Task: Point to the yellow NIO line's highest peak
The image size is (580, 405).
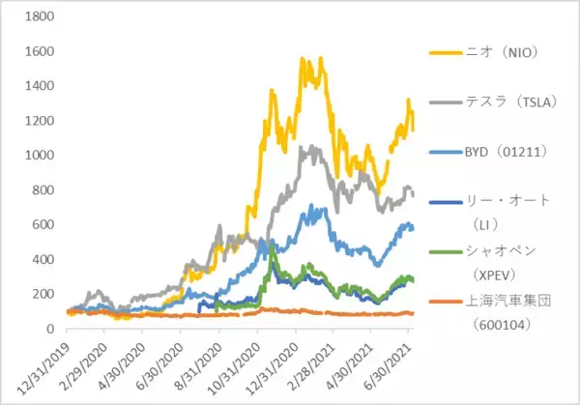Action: (304, 58)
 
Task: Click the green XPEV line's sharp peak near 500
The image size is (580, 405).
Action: (273, 243)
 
